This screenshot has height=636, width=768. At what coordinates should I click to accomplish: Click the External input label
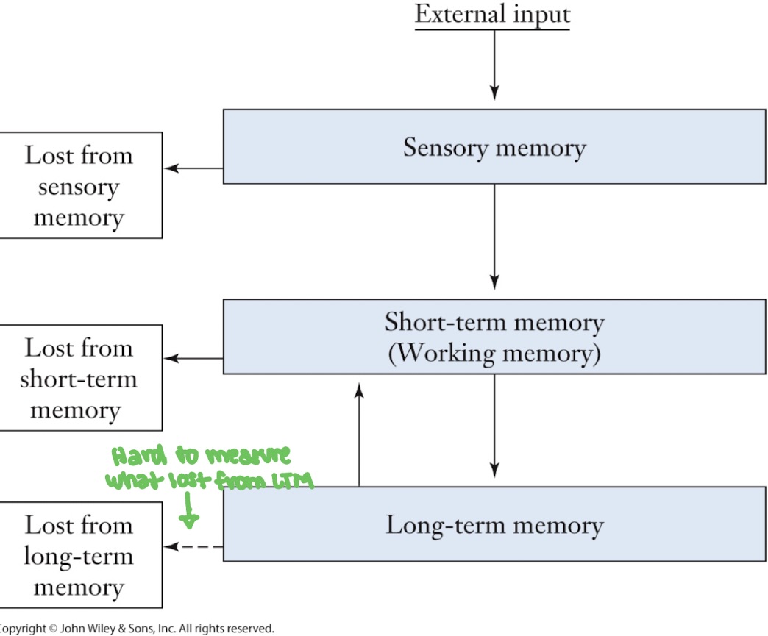[x=492, y=15]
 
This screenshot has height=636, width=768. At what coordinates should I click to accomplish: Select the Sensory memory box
[x=494, y=146]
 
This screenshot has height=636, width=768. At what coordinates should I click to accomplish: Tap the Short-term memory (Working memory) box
[x=494, y=337]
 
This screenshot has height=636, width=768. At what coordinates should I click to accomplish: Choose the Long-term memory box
[x=494, y=525]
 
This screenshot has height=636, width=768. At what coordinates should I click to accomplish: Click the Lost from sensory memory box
[x=79, y=186]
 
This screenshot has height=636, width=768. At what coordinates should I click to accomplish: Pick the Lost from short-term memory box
[x=79, y=378]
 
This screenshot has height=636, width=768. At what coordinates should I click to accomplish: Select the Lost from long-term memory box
[x=79, y=555]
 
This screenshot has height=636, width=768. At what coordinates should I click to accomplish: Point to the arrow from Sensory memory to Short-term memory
[x=494, y=236]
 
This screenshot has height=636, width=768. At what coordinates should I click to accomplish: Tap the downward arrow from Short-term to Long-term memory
[x=494, y=426]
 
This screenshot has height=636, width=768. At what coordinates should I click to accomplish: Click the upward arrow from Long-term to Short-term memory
[x=359, y=434]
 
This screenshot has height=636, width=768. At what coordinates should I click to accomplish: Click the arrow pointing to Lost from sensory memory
[x=193, y=168]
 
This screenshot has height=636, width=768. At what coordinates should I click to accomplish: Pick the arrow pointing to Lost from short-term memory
[x=193, y=359]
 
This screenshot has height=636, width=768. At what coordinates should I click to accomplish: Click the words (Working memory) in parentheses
[x=494, y=354]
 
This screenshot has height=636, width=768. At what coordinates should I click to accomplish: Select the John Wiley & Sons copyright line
[x=137, y=629]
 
